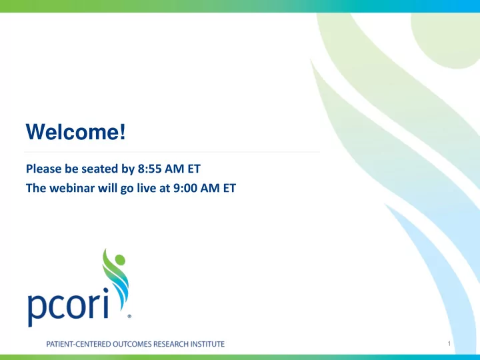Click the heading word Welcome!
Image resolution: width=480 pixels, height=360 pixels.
point(75,131)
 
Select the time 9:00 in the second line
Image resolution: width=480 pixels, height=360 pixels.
point(185,188)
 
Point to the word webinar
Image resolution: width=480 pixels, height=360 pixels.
point(72,188)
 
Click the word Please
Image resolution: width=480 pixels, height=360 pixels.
point(44,169)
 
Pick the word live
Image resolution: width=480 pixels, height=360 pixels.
point(146,188)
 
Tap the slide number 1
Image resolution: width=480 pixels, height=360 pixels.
point(449,343)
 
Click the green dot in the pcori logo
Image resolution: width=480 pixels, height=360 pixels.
point(120,260)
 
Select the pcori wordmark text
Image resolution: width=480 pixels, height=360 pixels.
point(68,307)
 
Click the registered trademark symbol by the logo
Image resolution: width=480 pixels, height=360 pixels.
point(129,316)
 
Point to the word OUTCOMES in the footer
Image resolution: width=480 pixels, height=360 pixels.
point(132,344)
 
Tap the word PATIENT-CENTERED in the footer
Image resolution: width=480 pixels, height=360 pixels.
point(79,344)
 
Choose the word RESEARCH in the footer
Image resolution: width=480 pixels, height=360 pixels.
point(171,344)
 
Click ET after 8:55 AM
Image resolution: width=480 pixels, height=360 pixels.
point(194,169)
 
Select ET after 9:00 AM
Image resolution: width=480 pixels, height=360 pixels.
point(229,188)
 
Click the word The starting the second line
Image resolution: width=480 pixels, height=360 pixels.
point(36,188)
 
